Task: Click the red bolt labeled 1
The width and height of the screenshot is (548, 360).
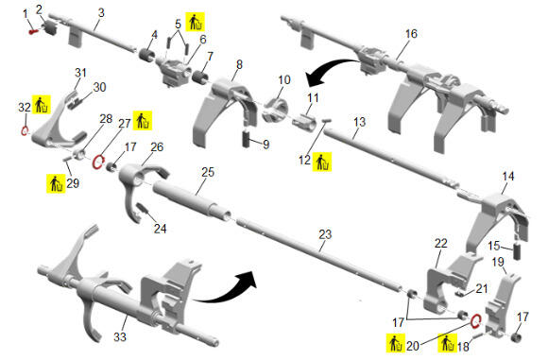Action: tap(34, 32)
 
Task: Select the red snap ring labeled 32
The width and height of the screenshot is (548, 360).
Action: tap(25, 131)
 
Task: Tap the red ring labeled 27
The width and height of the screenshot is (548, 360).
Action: tap(98, 162)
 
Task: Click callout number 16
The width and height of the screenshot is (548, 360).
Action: tap(411, 34)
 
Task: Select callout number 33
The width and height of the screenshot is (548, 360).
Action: tap(120, 337)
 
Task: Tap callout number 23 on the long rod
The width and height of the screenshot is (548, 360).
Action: tap(325, 234)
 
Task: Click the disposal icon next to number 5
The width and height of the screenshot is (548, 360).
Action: tap(195, 22)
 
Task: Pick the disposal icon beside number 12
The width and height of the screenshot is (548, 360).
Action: tap(322, 162)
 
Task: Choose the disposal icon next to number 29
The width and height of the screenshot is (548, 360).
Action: tap(56, 184)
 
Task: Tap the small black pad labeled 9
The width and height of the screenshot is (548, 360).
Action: tap(248, 139)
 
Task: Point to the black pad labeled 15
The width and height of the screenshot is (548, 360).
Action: tap(517, 251)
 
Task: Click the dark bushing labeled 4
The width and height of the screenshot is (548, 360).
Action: tap(147, 55)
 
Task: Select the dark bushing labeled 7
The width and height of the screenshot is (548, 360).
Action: tap(199, 77)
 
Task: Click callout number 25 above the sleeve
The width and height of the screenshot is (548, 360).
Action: tap(208, 172)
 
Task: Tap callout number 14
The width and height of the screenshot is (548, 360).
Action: tap(507, 176)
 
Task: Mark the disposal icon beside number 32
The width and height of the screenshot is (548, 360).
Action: tap(42, 104)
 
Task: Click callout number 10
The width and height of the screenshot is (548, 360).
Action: tap(284, 79)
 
